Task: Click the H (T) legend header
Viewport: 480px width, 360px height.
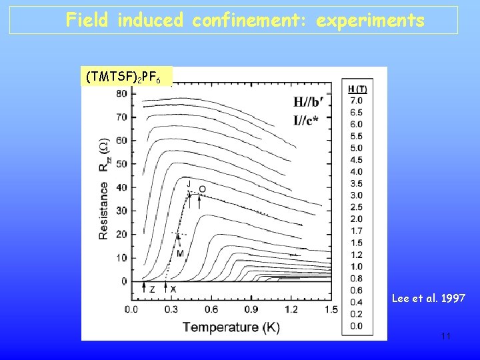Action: point(357,89)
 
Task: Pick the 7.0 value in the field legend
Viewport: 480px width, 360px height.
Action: point(357,100)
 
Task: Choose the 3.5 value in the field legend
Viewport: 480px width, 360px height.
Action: point(357,183)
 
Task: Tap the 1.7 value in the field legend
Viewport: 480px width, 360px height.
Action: point(357,231)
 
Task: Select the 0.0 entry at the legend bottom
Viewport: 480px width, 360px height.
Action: point(357,326)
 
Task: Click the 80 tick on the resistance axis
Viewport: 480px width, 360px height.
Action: point(121,93)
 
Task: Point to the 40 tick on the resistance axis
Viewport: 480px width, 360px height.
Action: point(121,187)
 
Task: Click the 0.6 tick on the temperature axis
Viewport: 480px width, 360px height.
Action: point(211,309)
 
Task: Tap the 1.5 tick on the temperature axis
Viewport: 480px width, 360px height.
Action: point(331,309)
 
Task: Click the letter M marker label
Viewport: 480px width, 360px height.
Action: point(180,253)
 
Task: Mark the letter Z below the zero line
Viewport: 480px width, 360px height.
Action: point(152,289)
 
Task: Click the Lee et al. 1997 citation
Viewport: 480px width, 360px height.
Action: point(428,299)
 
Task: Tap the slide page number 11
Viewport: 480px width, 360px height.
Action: point(446,336)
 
